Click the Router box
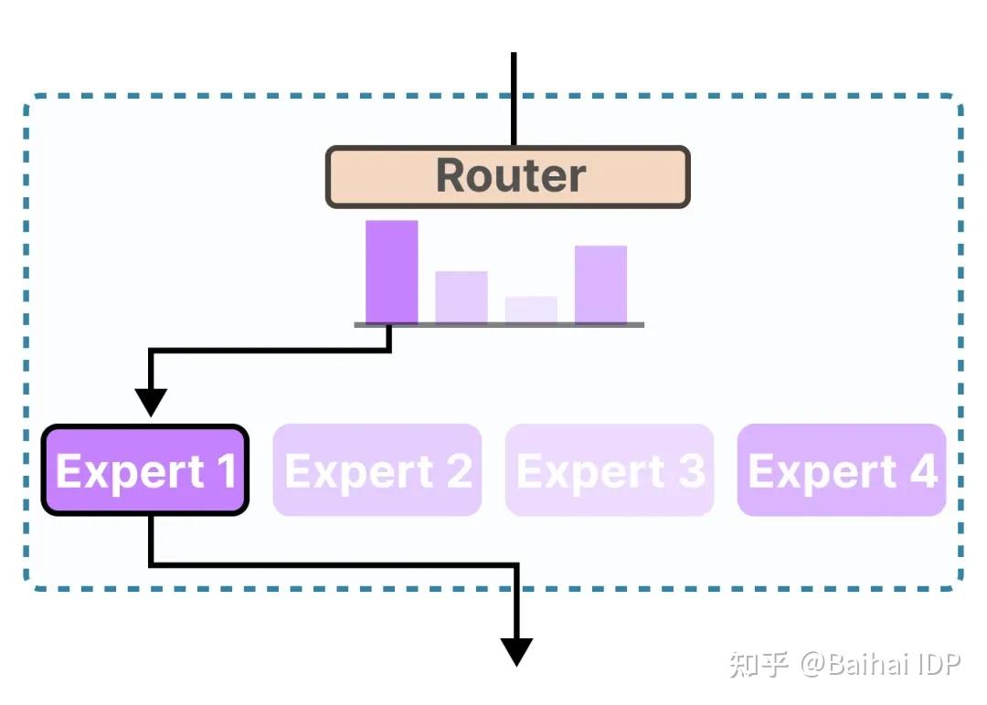pos(507,177)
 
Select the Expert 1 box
pos(145,470)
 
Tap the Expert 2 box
pos(377,470)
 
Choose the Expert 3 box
pos(610,470)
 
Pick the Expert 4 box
pos(842,470)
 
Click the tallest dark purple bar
pos(392,272)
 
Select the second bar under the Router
pos(462,297)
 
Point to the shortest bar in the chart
pos(531,310)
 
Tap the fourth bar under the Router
pos(600,284)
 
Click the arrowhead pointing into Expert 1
pos(151,402)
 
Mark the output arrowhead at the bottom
pos(516,651)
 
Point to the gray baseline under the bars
pos(499,325)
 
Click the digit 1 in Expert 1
pos(226,471)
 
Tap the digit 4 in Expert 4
pos(923,471)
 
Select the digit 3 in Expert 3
pos(691,471)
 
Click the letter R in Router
pos(453,176)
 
